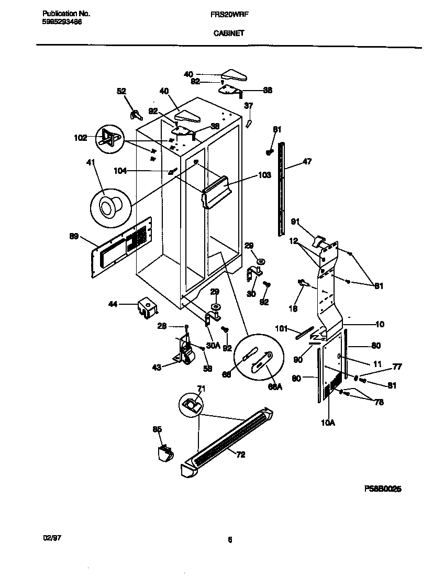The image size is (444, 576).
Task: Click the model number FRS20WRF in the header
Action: [x=228, y=15]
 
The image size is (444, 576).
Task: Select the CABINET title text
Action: [x=228, y=32]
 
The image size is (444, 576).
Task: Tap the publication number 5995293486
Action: [x=61, y=22]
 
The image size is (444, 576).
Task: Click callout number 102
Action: [x=80, y=138]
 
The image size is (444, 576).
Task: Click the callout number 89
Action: [x=74, y=237]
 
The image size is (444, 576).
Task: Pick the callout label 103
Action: [x=264, y=175]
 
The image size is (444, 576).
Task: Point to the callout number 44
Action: [x=113, y=304]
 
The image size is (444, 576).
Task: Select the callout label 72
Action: [x=240, y=455]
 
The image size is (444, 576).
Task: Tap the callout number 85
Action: [x=157, y=429]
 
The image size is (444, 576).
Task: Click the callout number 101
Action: [x=282, y=329]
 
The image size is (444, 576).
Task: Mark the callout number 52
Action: [x=121, y=91]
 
